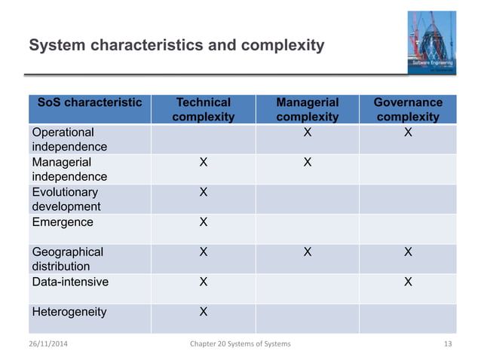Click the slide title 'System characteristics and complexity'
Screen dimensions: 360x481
pos(176,46)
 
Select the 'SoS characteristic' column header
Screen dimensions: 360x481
pos(90,102)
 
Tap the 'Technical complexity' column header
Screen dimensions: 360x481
pos(203,109)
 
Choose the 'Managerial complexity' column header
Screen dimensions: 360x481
pos(307,109)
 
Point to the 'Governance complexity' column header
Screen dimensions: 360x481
pos(408,109)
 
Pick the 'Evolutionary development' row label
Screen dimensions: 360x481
pos(66,200)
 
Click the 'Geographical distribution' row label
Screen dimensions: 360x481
pos(68,259)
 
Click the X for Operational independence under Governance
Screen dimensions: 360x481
pos(408,133)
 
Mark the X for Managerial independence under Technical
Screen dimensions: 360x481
pos(203,163)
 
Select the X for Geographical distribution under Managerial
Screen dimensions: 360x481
pos(307,252)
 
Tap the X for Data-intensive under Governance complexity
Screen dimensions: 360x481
pos(408,282)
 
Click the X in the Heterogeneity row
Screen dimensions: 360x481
pos(203,312)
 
